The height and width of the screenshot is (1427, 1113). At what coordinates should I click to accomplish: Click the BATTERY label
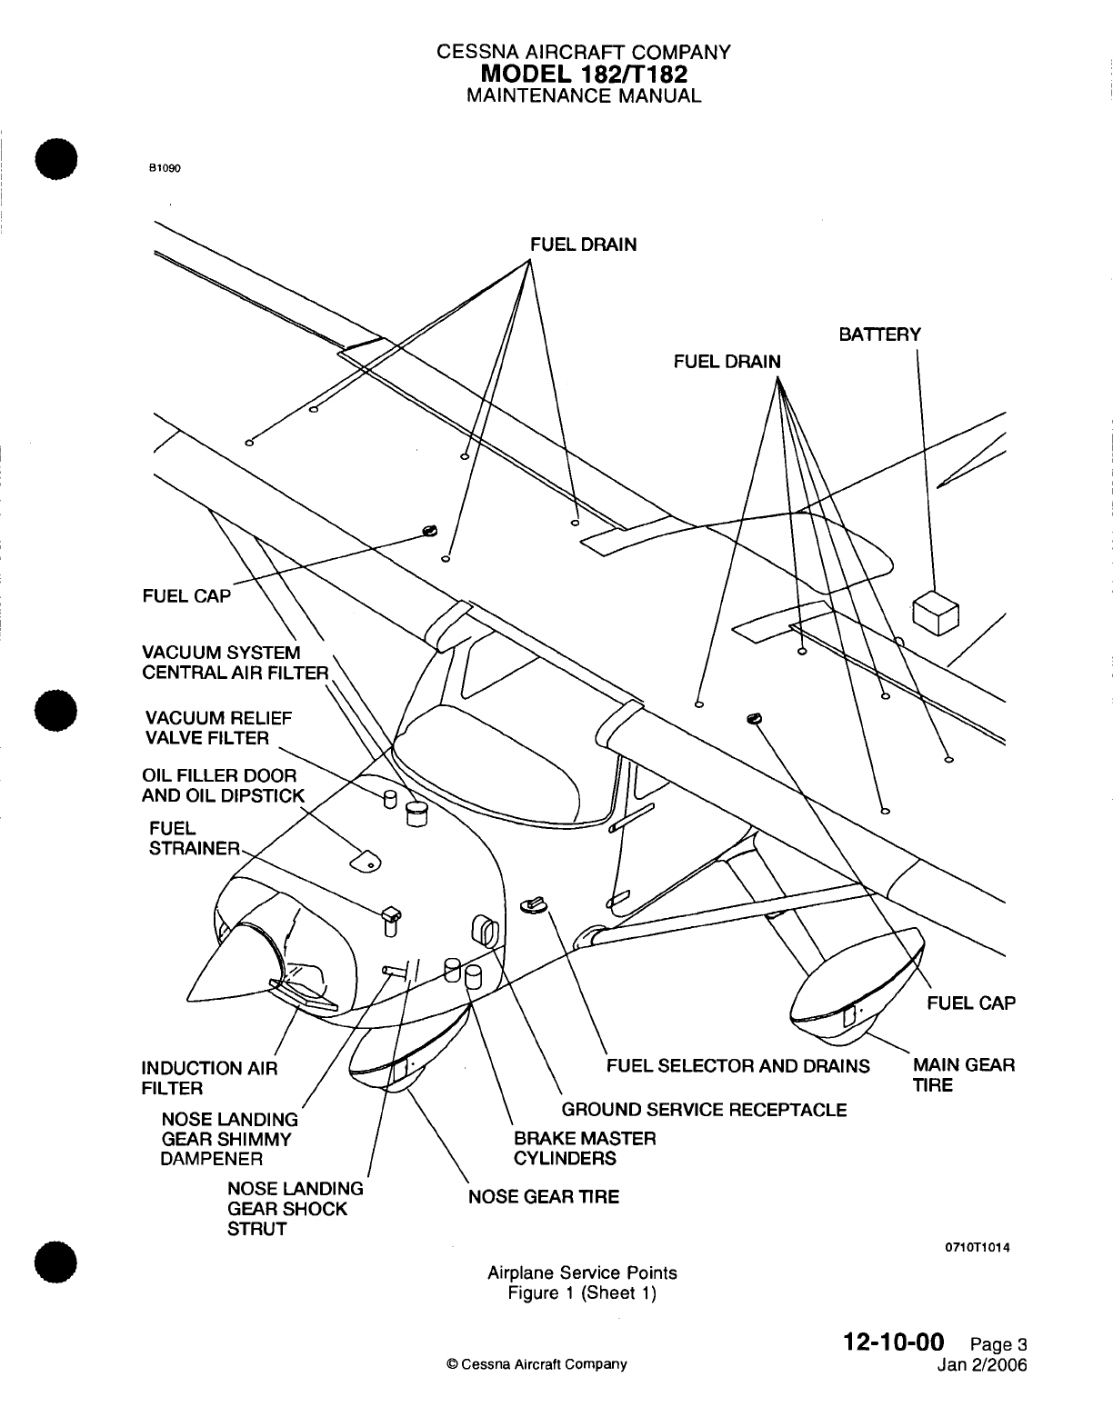[879, 334]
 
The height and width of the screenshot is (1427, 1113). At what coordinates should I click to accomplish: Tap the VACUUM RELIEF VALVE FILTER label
[217, 727]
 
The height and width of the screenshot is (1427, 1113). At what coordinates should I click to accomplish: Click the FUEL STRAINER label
[193, 838]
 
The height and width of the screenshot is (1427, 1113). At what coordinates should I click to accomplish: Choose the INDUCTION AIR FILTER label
[209, 1078]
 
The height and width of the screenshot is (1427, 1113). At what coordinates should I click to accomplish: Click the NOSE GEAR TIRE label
[543, 1196]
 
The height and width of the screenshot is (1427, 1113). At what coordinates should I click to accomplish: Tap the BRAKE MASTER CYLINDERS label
[585, 1148]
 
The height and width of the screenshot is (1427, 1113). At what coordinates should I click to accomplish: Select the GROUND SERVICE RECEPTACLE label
[704, 1110]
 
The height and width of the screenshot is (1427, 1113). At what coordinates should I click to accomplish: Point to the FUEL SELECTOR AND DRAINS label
[737, 1065]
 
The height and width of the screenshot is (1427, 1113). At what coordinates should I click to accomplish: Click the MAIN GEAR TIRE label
[964, 1074]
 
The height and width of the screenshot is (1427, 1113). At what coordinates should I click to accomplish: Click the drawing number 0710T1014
[978, 1247]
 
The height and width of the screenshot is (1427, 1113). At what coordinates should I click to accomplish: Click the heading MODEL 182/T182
[583, 73]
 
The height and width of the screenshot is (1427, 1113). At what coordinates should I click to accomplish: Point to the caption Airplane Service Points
[582, 1272]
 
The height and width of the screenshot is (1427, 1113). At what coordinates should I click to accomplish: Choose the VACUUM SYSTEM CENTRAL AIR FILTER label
[234, 663]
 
